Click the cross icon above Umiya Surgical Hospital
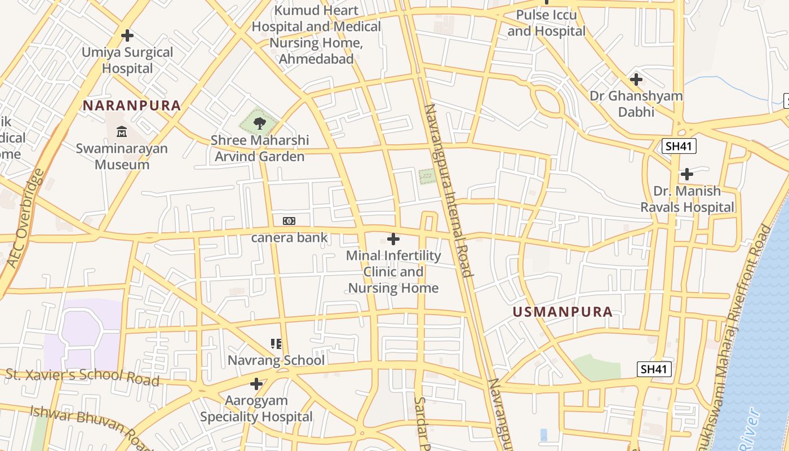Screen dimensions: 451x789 (127, 36)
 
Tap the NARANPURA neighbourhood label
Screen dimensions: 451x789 (132, 105)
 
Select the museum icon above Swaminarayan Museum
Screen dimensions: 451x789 (122, 132)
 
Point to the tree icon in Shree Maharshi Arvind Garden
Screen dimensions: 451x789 (259, 122)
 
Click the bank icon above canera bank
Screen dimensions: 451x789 (289, 220)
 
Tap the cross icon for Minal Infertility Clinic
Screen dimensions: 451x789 (393, 238)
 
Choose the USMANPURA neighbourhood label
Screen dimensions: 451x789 (562, 312)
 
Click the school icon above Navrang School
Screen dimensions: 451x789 (276, 343)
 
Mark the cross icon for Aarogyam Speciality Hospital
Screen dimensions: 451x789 (256, 384)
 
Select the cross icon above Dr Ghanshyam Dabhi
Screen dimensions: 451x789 (636, 79)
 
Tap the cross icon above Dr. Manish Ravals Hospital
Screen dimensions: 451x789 (687, 174)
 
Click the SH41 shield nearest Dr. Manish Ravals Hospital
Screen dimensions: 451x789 (679, 147)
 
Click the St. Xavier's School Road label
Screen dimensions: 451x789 (83, 377)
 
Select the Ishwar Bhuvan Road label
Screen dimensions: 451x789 (90, 427)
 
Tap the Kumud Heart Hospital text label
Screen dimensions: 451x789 (316, 34)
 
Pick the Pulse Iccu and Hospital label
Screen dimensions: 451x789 (547, 23)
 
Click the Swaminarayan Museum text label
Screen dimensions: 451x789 (122, 157)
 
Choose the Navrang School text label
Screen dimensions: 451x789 (276, 360)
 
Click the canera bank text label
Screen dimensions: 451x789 (289, 237)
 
